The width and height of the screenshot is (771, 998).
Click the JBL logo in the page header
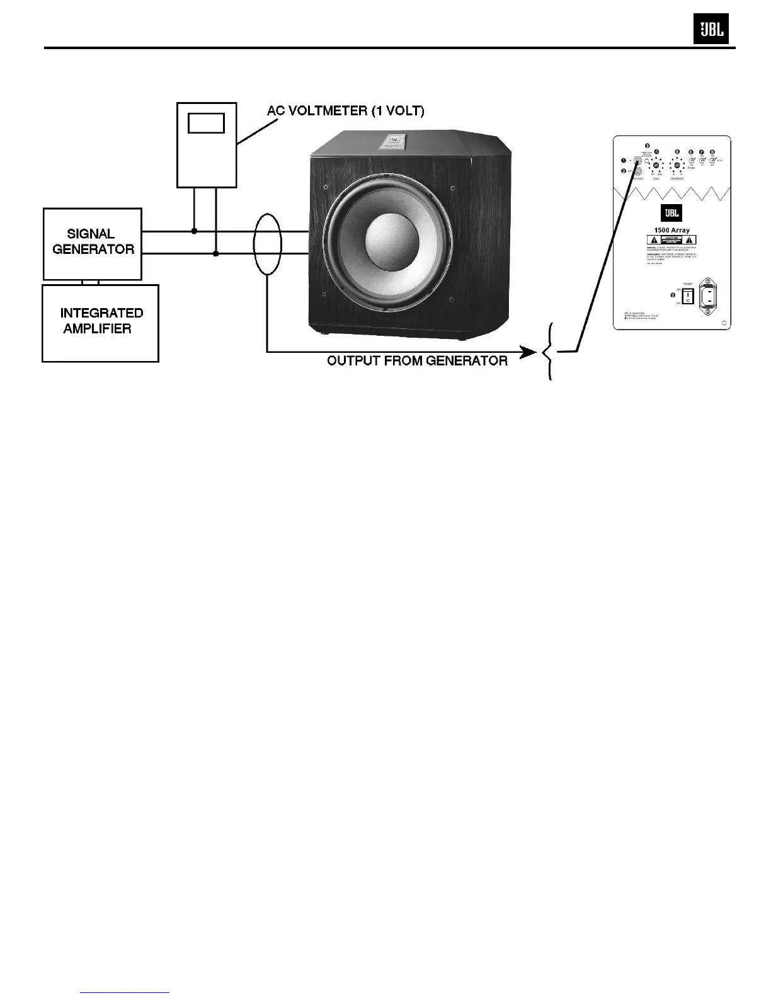pyautogui.click(x=711, y=29)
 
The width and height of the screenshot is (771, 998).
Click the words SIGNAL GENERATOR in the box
pyautogui.click(x=93, y=242)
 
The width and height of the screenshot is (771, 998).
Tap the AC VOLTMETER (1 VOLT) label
pyautogui.click(x=346, y=111)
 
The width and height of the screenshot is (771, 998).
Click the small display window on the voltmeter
pyautogui.click(x=206, y=123)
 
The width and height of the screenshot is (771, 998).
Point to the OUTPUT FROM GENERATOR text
pyautogui.click(x=417, y=361)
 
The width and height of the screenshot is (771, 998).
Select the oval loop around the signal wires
pyautogui.click(x=267, y=244)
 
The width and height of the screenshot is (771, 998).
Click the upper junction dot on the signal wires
pyautogui.click(x=194, y=231)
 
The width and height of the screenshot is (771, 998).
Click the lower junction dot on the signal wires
pyautogui.click(x=216, y=254)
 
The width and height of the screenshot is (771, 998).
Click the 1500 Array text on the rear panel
pyautogui.click(x=671, y=231)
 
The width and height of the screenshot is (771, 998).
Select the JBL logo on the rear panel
pyautogui.click(x=671, y=213)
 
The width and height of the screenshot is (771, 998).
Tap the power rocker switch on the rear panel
pyautogui.click(x=688, y=296)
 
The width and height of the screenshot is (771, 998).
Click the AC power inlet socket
pyautogui.click(x=715, y=294)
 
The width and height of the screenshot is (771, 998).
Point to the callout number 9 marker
pyautogui.click(x=673, y=295)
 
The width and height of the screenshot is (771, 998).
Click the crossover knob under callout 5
pyautogui.click(x=677, y=166)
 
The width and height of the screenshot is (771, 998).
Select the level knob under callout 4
pyautogui.click(x=656, y=165)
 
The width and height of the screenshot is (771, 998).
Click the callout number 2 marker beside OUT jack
pyautogui.click(x=624, y=171)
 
